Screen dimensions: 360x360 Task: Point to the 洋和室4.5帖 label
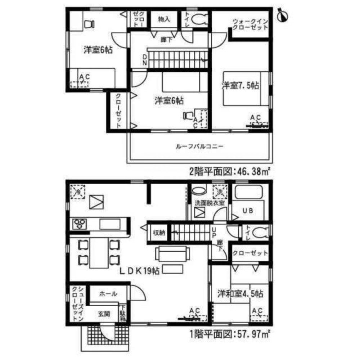(x=240, y=294)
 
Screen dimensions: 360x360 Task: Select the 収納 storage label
(x=158, y=233)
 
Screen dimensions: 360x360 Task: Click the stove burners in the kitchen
(x=80, y=224)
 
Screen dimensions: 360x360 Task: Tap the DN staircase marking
(x=144, y=59)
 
